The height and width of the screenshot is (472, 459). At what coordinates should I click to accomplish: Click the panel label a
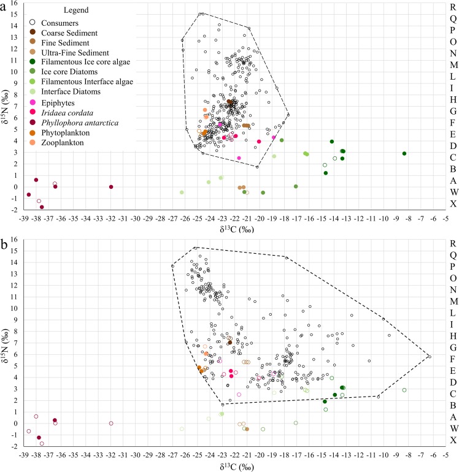point(4,5)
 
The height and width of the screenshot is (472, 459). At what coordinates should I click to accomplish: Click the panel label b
point(4,239)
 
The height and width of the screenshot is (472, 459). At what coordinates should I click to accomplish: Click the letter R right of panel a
point(452,6)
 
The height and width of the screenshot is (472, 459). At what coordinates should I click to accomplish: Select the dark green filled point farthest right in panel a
point(404,153)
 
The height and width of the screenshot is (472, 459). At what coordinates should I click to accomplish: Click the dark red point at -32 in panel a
point(111,187)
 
